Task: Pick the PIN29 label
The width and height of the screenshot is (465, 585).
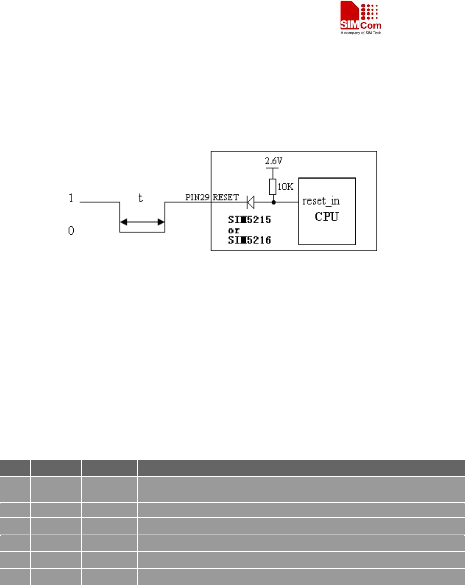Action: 198,198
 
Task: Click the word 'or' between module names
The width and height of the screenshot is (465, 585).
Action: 234,230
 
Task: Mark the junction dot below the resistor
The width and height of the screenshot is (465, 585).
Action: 273,201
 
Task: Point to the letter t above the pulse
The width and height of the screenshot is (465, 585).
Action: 140,198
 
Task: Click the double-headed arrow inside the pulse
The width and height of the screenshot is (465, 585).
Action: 142,222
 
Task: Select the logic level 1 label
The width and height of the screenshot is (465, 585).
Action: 70,198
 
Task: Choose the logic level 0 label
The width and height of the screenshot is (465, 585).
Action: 71,231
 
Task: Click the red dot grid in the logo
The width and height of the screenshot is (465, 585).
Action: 369,10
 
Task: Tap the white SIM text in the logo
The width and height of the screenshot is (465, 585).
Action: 351,25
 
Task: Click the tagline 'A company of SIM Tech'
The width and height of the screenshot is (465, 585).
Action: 361,33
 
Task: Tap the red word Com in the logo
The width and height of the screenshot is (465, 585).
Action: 372,25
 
